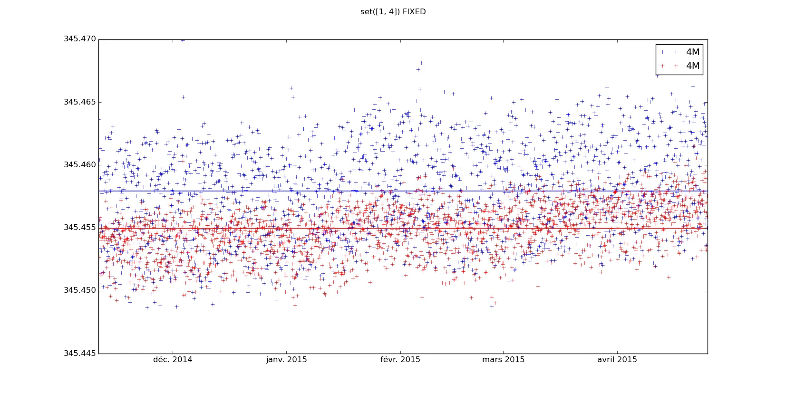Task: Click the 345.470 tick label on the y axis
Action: [x=80, y=39]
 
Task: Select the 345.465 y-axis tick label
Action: [x=80, y=102]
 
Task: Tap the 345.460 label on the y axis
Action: [x=80, y=165]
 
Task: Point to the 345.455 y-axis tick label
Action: [x=80, y=228]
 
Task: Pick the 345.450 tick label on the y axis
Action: [x=80, y=290]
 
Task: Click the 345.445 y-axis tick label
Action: [x=80, y=353]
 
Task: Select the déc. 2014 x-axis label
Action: [x=173, y=360]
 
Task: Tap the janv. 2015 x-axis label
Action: [x=286, y=360]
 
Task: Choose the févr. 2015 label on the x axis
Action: [x=400, y=360]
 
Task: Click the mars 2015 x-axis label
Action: [x=503, y=360]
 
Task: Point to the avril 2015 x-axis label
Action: [x=617, y=360]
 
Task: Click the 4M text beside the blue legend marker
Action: [x=693, y=52]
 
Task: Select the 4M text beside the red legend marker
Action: [x=693, y=66]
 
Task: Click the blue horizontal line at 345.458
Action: [x=333, y=191]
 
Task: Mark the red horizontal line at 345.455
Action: [x=333, y=229]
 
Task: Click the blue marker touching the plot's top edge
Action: [x=183, y=40]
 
